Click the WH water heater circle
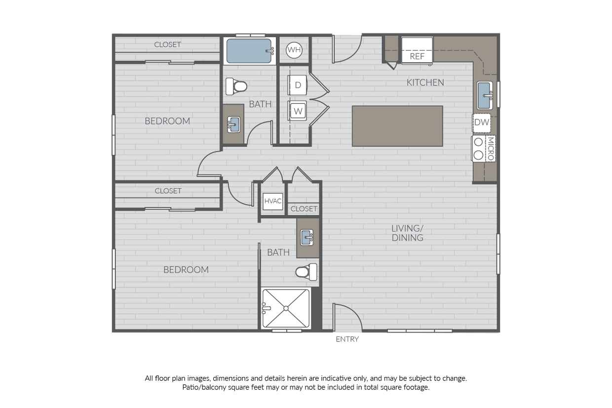point(294,50)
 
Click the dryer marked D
point(298,85)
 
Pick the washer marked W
point(298,111)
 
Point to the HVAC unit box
point(273,201)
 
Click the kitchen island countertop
point(397,126)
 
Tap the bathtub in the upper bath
point(249,51)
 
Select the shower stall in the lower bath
point(286,308)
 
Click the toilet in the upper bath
point(236,87)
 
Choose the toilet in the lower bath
point(307,271)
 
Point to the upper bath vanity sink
point(233,124)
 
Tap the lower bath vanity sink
point(308,237)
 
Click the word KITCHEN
point(425,82)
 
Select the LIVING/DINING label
point(408,233)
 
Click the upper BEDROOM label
point(167,121)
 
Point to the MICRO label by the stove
point(491,149)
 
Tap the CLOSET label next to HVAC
point(304,209)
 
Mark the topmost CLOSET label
point(168,44)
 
